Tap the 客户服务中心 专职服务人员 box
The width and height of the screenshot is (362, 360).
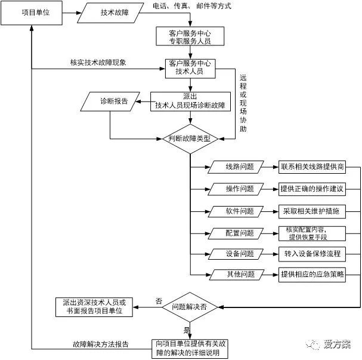[190, 36]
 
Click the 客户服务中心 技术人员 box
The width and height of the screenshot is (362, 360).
[191, 67]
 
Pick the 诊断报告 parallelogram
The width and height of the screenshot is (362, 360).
[110, 101]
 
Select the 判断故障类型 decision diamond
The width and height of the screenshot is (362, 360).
[190, 138]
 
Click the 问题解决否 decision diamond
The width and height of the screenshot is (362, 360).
[190, 307]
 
